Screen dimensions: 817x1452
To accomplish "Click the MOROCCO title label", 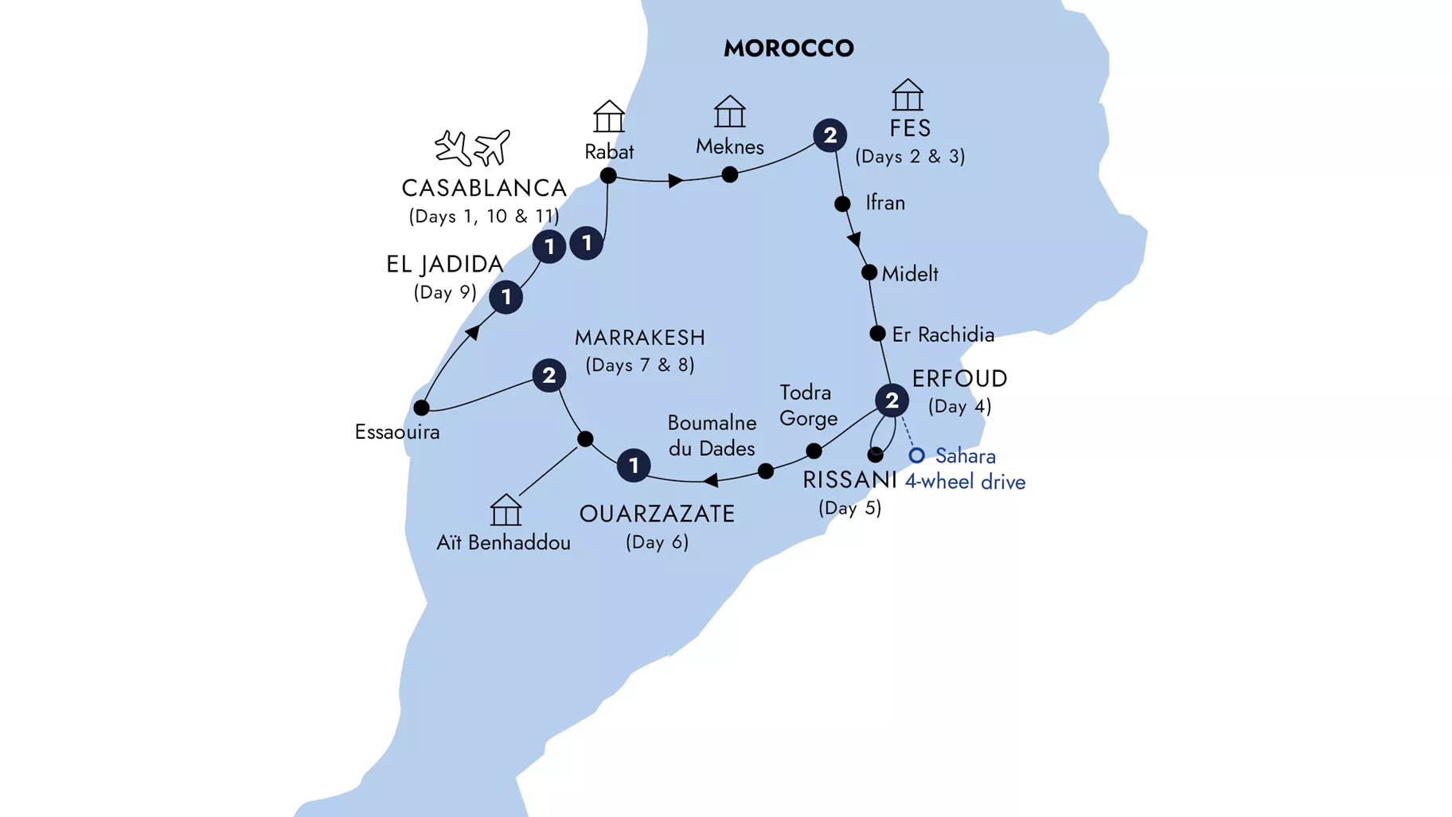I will tap(788, 49).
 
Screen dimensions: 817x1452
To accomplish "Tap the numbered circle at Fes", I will tap(829, 135).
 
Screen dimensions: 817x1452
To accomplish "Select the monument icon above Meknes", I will tap(729, 111).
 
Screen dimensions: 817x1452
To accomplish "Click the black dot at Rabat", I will tap(608, 175).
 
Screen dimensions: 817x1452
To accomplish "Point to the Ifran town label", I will tap(885, 203).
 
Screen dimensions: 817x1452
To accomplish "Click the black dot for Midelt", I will tap(869, 272).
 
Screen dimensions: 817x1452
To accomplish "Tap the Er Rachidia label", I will tap(943, 334).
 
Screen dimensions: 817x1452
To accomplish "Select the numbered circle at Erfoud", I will tap(892, 401).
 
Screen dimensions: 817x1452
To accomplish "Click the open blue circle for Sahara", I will tap(917, 455).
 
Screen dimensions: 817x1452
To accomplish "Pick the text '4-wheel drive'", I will tap(965, 482).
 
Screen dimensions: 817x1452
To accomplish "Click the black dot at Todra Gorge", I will tap(814, 451).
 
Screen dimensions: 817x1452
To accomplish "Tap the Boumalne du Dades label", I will tap(712, 436).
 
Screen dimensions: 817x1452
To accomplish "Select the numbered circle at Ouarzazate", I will tap(634, 465).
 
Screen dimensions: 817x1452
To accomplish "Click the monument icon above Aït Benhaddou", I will tap(505, 510).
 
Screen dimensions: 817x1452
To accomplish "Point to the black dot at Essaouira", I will tap(421, 408).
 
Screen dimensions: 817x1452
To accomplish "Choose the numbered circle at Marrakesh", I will tap(548, 375).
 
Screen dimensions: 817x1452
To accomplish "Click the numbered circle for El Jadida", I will tap(505, 297).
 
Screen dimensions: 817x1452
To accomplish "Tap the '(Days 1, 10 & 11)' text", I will tap(484, 217).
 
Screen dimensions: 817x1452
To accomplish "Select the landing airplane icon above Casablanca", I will tap(453, 148).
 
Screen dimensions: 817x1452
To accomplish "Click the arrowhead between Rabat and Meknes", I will tap(675, 181).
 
